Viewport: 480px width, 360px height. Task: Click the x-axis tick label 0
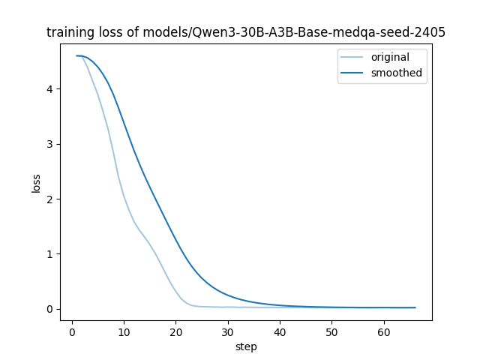coord(72,332)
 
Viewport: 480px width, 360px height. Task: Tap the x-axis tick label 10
coord(124,332)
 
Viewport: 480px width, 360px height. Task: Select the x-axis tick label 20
coord(176,332)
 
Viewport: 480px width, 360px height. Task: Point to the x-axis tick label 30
coord(228,332)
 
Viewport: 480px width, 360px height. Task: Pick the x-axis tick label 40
coord(280,332)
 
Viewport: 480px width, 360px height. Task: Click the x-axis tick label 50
coord(331,332)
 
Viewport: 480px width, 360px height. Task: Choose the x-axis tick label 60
coord(383,332)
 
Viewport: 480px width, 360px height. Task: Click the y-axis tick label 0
coord(50,309)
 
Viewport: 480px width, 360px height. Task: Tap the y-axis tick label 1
coord(50,254)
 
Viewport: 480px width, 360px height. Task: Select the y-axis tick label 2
coord(50,199)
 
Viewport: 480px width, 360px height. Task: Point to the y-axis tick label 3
coord(50,144)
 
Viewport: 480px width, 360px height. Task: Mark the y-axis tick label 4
coord(50,89)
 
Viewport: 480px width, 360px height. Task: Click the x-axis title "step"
coord(246,347)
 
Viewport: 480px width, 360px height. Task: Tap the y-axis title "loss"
coord(36,183)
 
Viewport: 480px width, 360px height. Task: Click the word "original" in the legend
coord(390,57)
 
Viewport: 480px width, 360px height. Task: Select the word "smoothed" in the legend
coord(397,73)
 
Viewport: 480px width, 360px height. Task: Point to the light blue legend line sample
coord(352,57)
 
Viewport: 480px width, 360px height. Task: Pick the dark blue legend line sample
coord(352,73)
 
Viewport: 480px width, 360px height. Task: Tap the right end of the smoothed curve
coord(415,307)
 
